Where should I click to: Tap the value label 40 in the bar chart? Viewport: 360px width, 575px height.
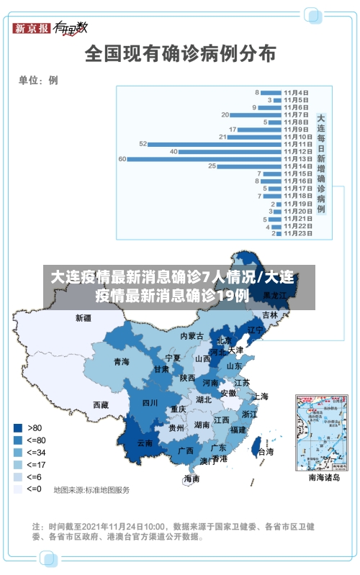click(174, 151)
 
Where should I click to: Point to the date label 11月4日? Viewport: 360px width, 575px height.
click(296, 92)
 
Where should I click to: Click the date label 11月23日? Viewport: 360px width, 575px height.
click(296, 233)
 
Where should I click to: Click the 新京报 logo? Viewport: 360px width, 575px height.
click(32, 28)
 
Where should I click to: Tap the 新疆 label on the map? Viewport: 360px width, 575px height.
click(84, 317)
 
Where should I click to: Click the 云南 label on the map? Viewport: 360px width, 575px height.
click(145, 443)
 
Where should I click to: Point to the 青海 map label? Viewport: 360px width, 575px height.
click(121, 362)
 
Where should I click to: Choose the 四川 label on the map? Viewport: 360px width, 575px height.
click(150, 403)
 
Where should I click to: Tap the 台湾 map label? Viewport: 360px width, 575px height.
click(266, 452)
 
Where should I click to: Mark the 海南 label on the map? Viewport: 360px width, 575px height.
click(192, 479)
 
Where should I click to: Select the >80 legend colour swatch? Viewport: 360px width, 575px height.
click(17, 427)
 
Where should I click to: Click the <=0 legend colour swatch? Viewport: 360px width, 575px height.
click(17, 489)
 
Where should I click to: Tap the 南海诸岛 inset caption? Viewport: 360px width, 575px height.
click(323, 477)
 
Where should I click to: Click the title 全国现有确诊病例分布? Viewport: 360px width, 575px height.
click(180, 53)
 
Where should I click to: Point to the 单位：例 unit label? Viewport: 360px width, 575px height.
click(38, 81)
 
